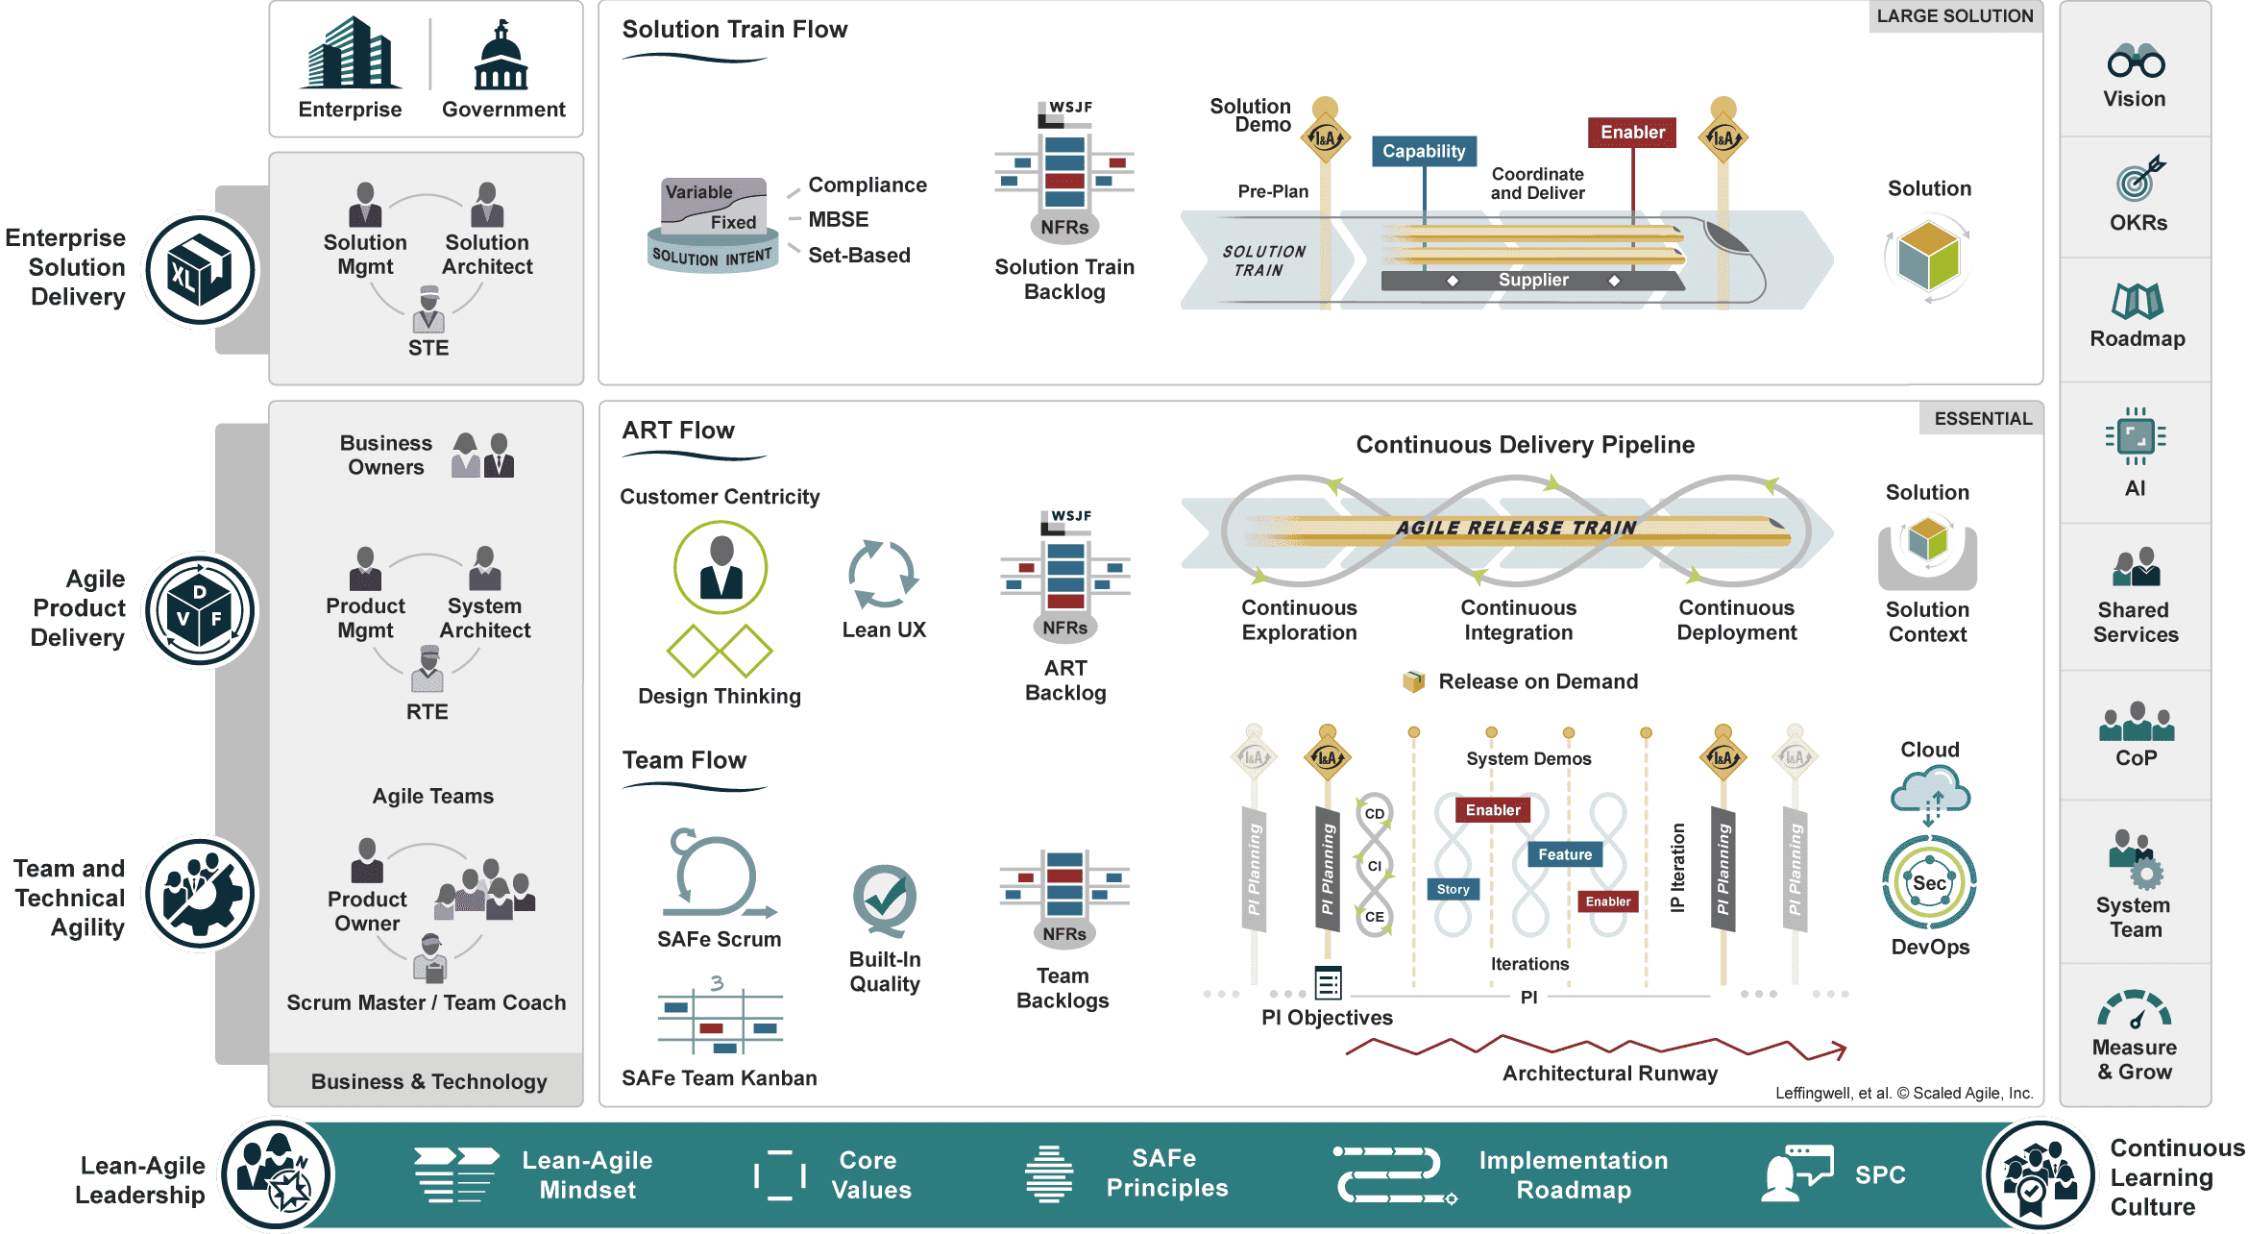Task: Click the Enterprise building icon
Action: pyautogui.click(x=350, y=55)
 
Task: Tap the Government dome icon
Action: pyautogui.click(x=501, y=57)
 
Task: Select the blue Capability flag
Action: pyautogui.click(x=1424, y=151)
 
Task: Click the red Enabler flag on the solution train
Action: pyautogui.click(x=1632, y=133)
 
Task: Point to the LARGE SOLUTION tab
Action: pyautogui.click(x=1954, y=16)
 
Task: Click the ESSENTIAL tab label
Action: pyautogui.click(x=1982, y=418)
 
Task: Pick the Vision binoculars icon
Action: pyautogui.click(x=2136, y=62)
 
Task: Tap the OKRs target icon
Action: pyautogui.click(x=2138, y=179)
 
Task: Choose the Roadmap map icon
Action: pyautogui.click(x=2137, y=301)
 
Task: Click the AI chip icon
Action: pyautogui.click(x=2135, y=437)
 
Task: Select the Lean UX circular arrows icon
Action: pyautogui.click(x=883, y=574)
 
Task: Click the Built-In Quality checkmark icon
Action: pyautogui.click(x=884, y=899)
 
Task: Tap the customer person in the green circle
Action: pyautogui.click(x=721, y=568)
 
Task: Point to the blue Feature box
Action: pyautogui.click(x=1564, y=854)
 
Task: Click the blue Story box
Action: pyautogui.click(x=1453, y=889)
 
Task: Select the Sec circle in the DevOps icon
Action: pyautogui.click(x=1929, y=883)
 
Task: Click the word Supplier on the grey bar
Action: pyautogui.click(x=1533, y=280)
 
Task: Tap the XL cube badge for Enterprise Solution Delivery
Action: pyautogui.click(x=200, y=270)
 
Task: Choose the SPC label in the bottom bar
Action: pyautogui.click(x=1880, y=1174)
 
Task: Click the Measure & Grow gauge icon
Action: pyautogui.click(x=2134, y=1009)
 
